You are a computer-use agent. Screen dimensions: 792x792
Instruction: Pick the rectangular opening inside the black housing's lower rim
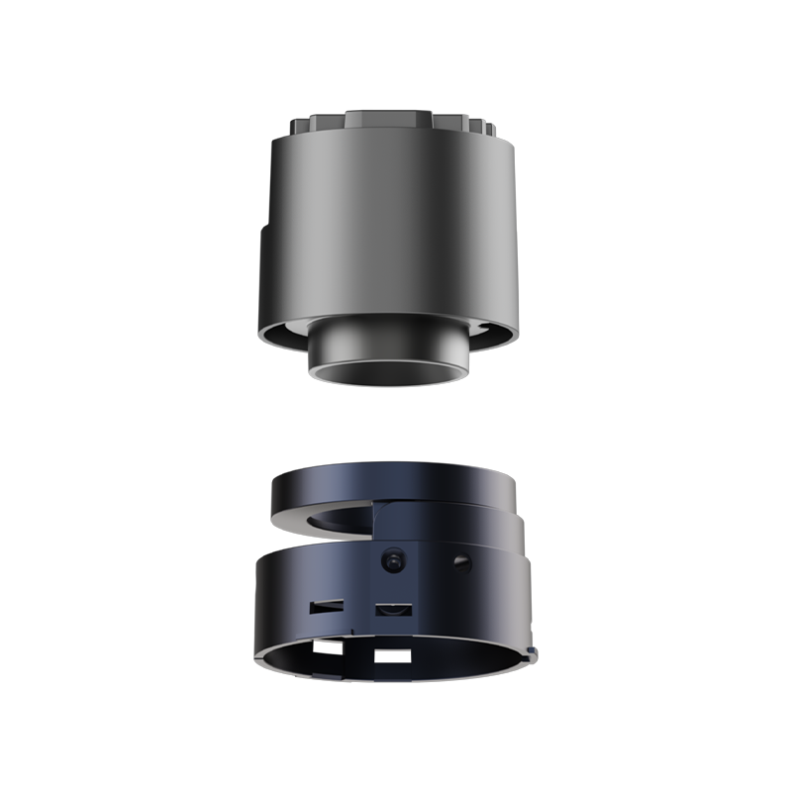(396, 654)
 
